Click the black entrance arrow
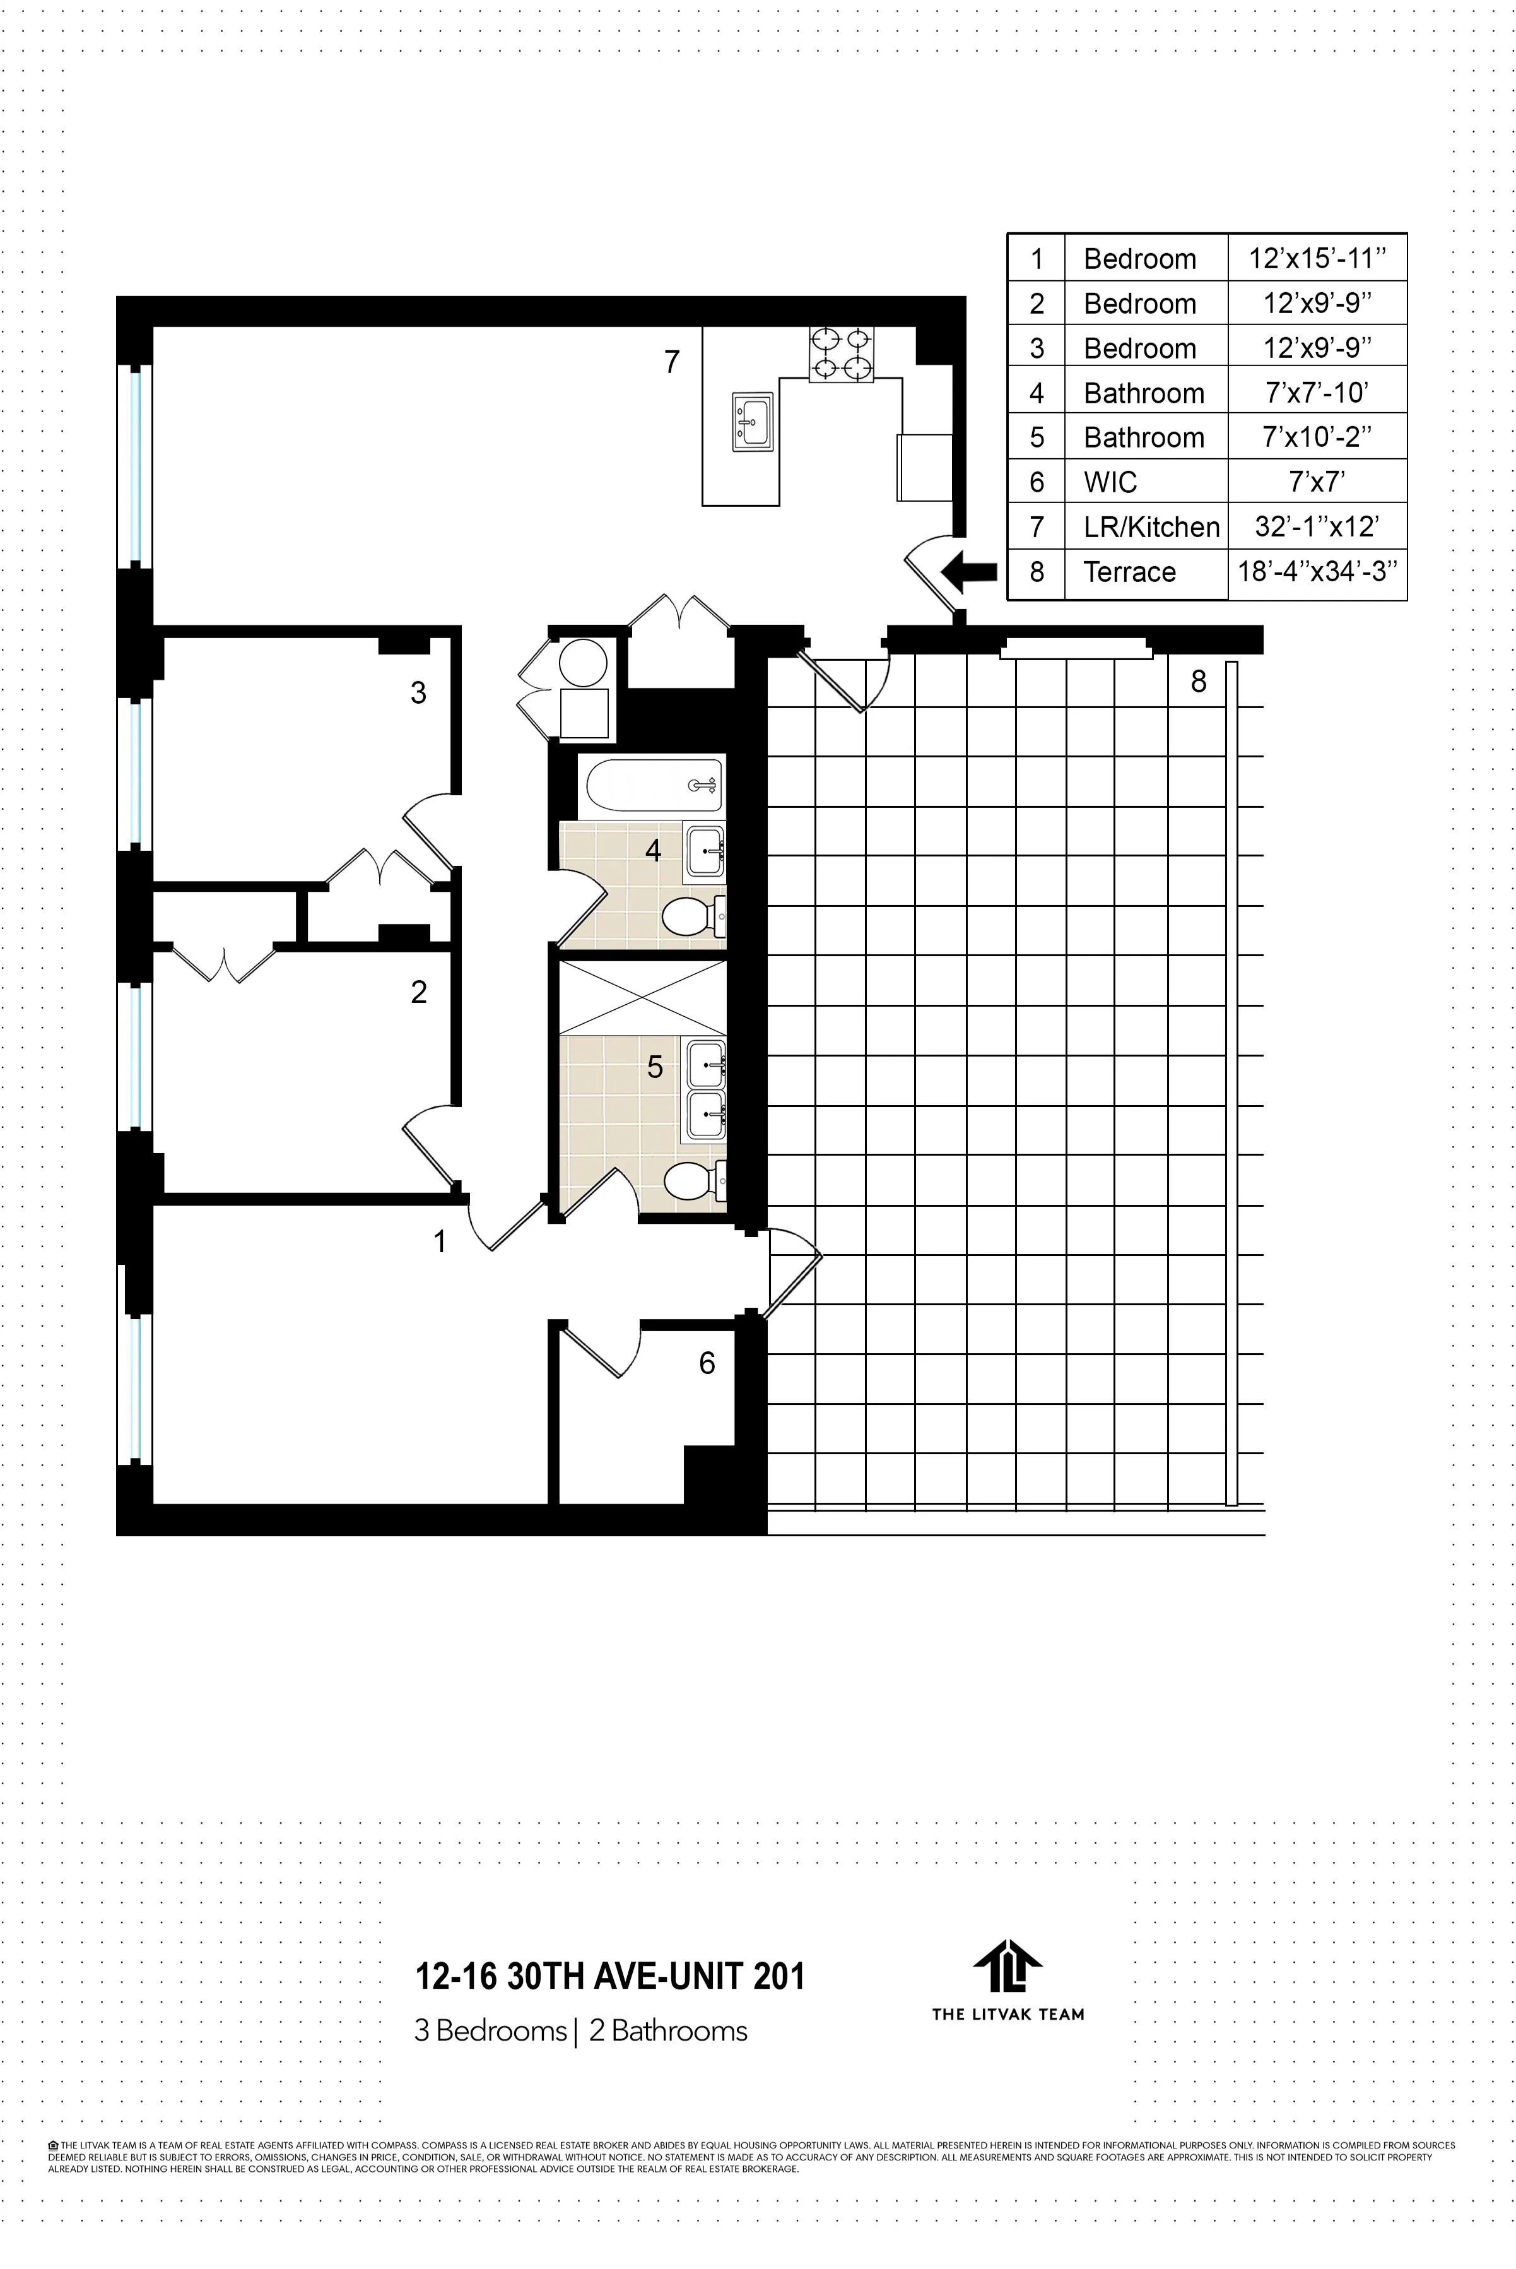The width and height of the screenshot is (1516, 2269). point(969,572)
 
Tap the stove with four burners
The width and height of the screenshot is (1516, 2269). point(841,354)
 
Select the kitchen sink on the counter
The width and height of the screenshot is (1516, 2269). point(752,421)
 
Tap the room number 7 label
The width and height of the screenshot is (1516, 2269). point(672,362)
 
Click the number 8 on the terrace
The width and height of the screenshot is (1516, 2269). point(1199,682)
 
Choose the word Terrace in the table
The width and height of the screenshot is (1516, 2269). point(1129,572)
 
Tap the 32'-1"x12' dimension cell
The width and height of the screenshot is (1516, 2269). point(1317,526)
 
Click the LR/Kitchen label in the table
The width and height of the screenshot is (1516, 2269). point(1151,527)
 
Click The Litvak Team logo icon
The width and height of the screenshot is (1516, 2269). point(1008,1966)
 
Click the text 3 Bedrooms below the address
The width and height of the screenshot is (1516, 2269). point(490,2031)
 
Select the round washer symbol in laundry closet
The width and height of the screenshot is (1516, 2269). point(584,663)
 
